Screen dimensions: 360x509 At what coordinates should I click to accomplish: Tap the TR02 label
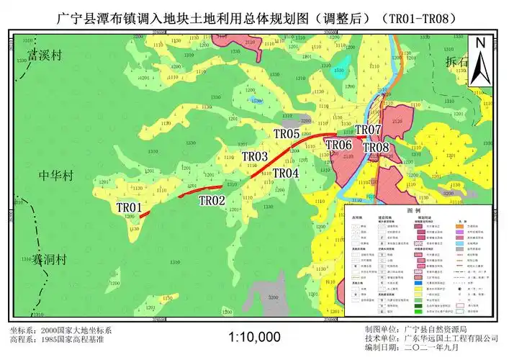point(212,200)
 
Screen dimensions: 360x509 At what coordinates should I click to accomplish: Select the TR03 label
point(255,156)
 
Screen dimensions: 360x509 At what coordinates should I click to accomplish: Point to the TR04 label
point(286,174)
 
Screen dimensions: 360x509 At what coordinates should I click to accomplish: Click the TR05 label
point(286,134)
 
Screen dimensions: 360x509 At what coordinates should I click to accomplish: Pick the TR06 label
point(338,145)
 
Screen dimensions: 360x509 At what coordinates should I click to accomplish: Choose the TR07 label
point(368,130)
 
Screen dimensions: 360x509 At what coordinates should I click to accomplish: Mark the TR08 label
point(376,148)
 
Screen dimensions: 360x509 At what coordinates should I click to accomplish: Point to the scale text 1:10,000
point(254,336)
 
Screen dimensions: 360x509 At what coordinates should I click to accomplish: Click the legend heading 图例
point(413,211)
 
